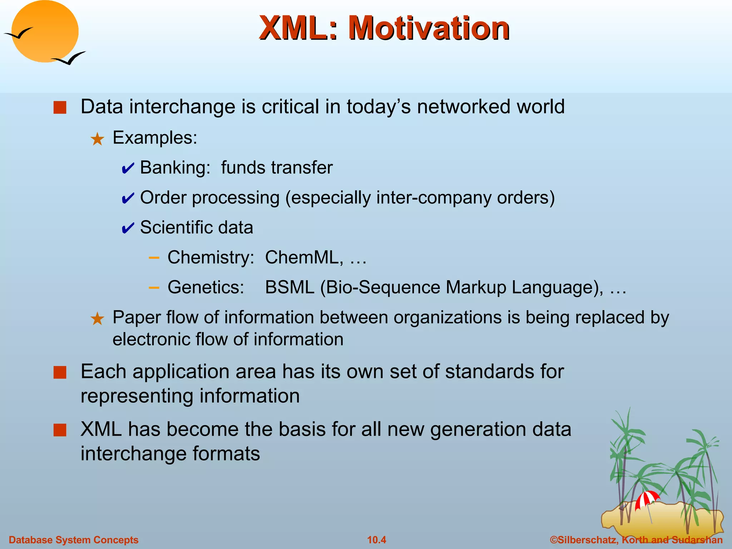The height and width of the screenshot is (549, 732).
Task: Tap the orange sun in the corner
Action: [45, 31]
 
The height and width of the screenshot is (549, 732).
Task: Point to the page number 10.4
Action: [377, 540]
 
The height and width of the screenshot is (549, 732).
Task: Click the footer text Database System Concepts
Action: [74, 540]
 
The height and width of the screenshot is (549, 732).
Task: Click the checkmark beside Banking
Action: [128, 168]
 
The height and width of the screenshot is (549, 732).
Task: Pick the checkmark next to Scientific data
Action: [128, 228]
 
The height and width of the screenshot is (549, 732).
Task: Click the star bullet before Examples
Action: [97, 139]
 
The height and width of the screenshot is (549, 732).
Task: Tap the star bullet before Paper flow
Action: [97, 318]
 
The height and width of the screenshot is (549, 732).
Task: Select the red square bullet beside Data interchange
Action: [60, 108]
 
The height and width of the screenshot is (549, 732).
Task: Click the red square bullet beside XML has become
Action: [60, 430]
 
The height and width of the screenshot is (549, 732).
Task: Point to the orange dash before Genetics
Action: [154, 287]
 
